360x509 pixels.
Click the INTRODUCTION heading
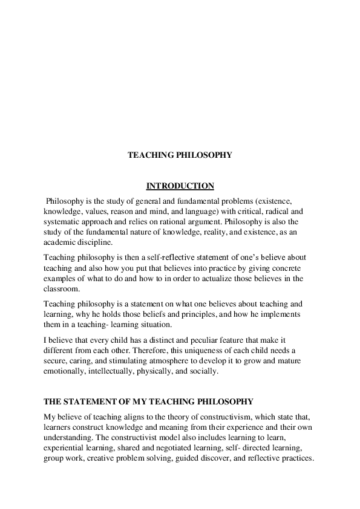tap(180, 186)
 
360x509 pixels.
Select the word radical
tap(271, 212)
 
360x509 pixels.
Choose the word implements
tap(280, 315)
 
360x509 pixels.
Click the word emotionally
tap(67, 372)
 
